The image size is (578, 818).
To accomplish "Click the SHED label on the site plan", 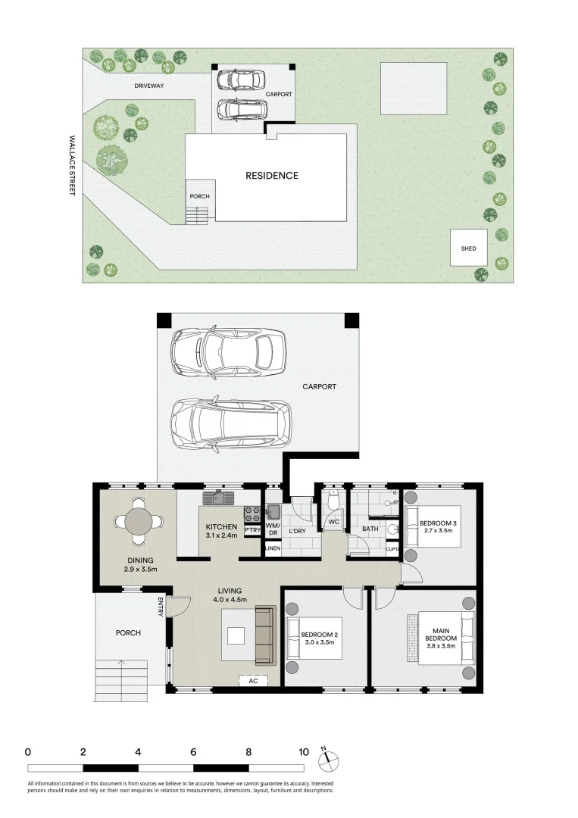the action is click(468, 249).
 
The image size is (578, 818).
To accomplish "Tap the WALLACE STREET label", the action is click(73, 165).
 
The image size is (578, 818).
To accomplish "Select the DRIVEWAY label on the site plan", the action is click(149, 86).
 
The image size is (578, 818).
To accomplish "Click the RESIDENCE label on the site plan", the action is click(272, 176).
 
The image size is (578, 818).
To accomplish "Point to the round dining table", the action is click(139, 521).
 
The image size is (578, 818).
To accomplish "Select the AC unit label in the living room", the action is click(253, 681).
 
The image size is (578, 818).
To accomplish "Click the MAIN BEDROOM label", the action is click(441, 638).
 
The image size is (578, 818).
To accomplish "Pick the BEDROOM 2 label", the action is click(319, 635).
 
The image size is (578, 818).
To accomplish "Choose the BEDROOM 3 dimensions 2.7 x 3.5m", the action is click(438, 530).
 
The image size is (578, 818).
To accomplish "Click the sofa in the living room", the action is click(265, 635).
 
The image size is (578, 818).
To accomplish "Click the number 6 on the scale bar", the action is click(193, 752).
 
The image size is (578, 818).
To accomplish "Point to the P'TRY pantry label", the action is click(252, 530).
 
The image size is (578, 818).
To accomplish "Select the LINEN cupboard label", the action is click(273, 548).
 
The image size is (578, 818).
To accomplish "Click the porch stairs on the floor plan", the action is click(121, 680).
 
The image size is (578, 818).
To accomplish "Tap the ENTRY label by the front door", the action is click(161, 607).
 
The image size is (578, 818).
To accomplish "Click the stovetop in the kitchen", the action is click(252, 514).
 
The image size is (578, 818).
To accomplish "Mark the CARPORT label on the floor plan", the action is click(319, 386).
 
